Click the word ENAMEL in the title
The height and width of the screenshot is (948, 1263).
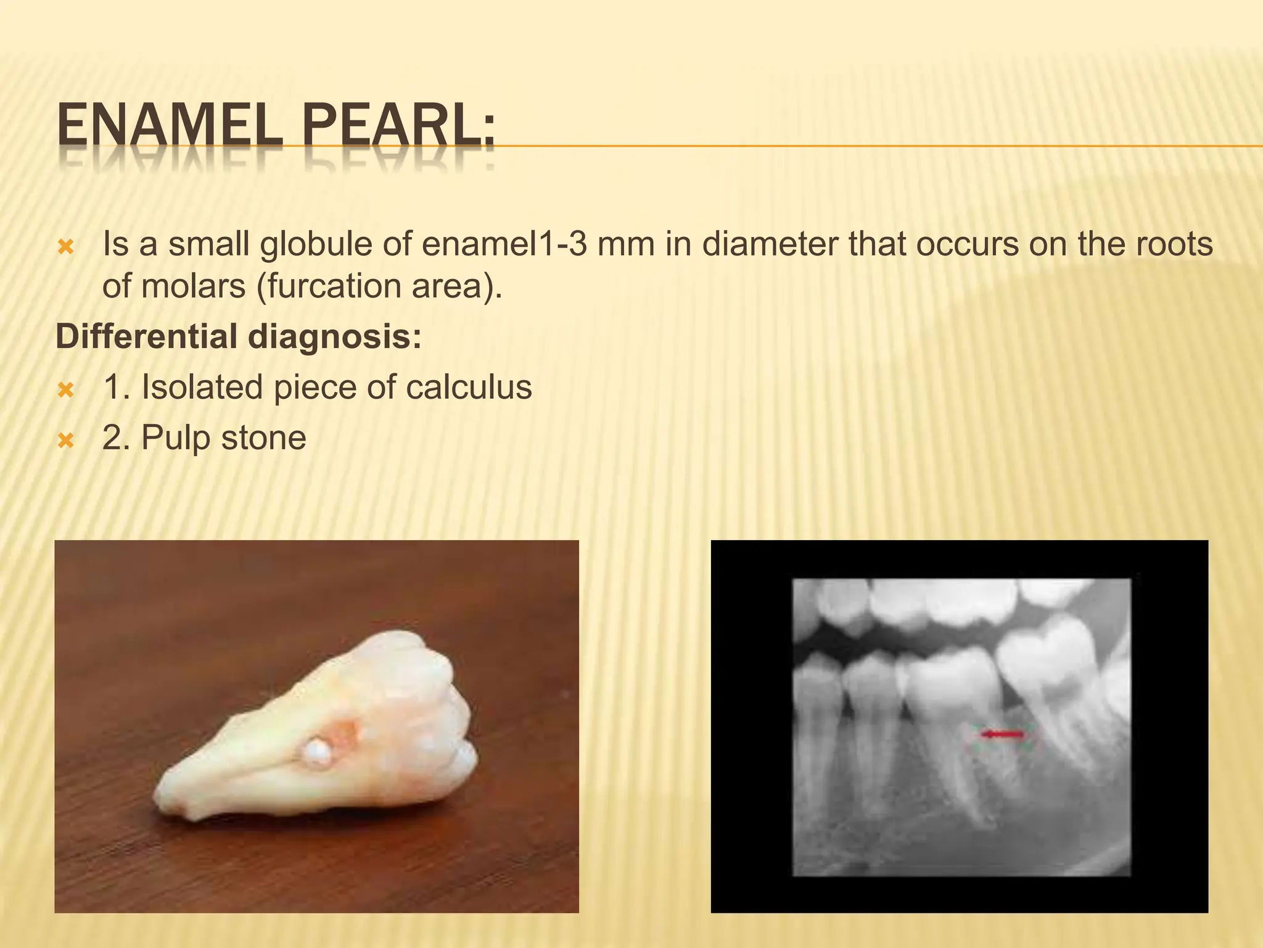[170, 128]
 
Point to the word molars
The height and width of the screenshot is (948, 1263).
[193, 286]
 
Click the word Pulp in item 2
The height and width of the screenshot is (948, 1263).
[176, 438]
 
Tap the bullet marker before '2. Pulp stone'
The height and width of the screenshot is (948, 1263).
[65, 441]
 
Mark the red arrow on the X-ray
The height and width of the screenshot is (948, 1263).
[1002, 734]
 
